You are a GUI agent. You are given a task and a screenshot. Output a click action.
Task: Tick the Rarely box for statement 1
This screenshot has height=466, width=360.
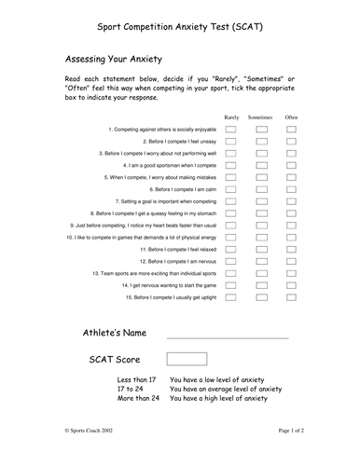coord(230,130)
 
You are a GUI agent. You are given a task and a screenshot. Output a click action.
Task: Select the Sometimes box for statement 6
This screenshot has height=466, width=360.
coord(261,189)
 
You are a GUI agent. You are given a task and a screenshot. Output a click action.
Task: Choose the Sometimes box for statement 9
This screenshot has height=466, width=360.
coord(261,226)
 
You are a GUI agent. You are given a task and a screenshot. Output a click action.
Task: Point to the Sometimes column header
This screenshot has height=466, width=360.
coord(261,117)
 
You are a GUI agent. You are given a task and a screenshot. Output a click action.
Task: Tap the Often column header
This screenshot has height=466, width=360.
coord(291,117)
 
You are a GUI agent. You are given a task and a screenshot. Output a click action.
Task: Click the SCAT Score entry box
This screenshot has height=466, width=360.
coord(187,359)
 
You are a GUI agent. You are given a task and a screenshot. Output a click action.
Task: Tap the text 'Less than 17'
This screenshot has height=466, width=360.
coord(138,380)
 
